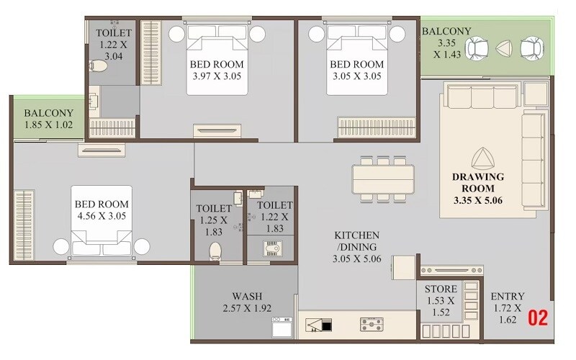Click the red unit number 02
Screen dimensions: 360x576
click(539, 317)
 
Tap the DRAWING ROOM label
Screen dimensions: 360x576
click(478, 181)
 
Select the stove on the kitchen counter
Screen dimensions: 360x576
click(372, 324)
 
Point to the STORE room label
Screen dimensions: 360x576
click(440, 289)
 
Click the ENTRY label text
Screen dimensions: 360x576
click(508, 296)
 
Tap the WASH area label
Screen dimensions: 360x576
click(246, 296)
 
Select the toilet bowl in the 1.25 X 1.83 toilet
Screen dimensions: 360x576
click(215, 251)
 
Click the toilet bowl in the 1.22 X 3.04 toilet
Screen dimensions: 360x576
click(99, 67)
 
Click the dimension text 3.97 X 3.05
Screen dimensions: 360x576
click(218, 76)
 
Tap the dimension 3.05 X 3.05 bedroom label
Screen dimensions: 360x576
click(357, 76)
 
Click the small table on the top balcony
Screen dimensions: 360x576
click(503, 48)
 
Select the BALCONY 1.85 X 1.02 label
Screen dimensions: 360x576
click(49, 119)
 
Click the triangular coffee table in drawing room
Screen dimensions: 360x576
click(479, 158)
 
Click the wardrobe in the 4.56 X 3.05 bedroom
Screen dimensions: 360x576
click(24, 225)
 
